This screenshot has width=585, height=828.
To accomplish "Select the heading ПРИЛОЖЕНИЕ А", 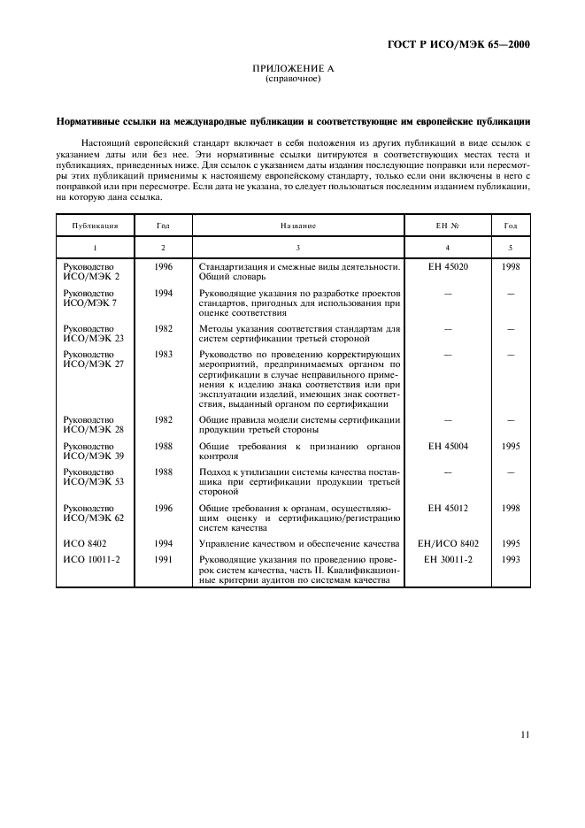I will pyautogui.click(x=292, y=69).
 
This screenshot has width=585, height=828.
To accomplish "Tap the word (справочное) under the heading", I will pyautogui.click(x=292, y=79).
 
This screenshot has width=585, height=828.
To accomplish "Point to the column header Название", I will pyautogui.click(x=297, y=226).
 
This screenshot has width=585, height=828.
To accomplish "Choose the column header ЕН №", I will pyautogui.click(x=448, y=226).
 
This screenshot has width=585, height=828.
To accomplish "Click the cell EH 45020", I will pyautogui.click(x=447, y=266).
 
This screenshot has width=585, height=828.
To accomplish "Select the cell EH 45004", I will pyautogui.click(x=447, y=447).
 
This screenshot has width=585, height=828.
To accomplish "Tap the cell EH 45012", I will pyautogui.click(x=447, y=509).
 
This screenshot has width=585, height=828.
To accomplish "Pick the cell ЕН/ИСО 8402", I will pyautogui.click(x=447, y=544).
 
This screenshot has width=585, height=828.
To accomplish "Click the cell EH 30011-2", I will pyautogui.click(x=447, y=560).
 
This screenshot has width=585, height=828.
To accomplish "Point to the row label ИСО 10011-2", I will pyautogui.click(x=89, y=560).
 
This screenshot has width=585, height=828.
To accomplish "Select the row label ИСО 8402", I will pyautogui.click(x=83, y=544).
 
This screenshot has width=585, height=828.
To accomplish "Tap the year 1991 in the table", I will pyautogui.click(x=163, y=560).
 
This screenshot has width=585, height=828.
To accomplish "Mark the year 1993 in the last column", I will pyautogui.click(x=510, y=560).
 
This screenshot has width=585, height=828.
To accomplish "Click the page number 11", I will pyautogui.click(x=525, y=734).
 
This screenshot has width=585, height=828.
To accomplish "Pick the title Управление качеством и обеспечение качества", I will pyautogui.click(x=299, y=544).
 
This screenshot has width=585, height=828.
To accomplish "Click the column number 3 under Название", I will pyautogui.click(x=297, y=248).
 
